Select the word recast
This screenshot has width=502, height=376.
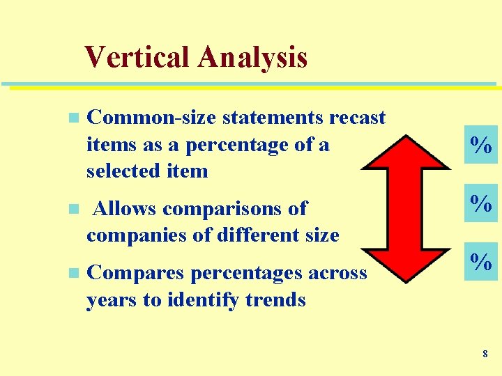point(357,118)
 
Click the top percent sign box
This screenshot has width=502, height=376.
point(481,145)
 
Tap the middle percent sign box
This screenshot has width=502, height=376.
point(481,203)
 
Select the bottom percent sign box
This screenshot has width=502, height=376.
point(481,262)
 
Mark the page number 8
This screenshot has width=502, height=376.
point(485,354)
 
